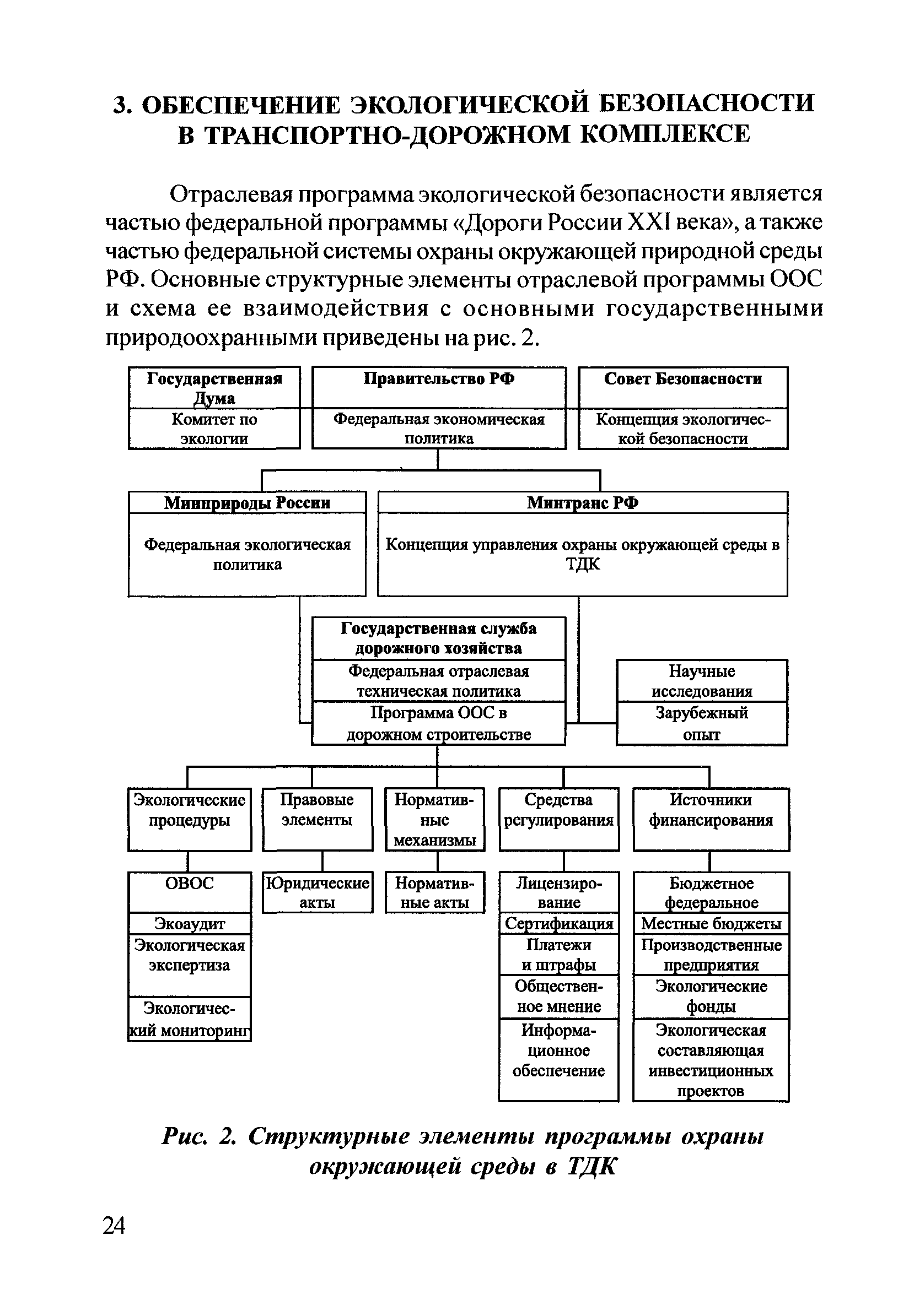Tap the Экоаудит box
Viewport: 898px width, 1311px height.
190,924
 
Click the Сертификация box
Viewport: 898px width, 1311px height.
559,924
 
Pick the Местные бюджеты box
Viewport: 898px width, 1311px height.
711,924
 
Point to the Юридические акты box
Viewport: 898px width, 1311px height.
317,892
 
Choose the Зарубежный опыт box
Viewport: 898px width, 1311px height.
702,724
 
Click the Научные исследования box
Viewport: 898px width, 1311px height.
702,681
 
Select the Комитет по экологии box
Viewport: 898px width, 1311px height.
214,429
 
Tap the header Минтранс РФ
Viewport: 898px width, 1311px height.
583,502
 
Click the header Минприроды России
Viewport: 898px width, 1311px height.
247,502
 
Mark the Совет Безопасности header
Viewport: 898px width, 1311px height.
683,379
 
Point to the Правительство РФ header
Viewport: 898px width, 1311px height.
439,379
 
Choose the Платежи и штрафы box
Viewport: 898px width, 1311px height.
559,955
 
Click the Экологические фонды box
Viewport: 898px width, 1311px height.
711,996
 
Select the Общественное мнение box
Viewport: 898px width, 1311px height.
559,996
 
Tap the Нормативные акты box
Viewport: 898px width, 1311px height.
434,892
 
